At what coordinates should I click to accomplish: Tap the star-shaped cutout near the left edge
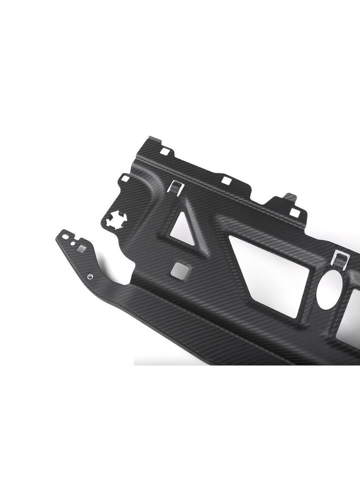coord(113,219)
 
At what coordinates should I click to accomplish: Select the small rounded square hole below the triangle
coord(178,269)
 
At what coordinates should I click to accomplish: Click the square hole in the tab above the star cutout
coord(124,178)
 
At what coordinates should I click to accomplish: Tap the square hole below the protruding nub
coord(295,212)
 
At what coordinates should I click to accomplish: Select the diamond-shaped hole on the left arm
coord(80,249)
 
